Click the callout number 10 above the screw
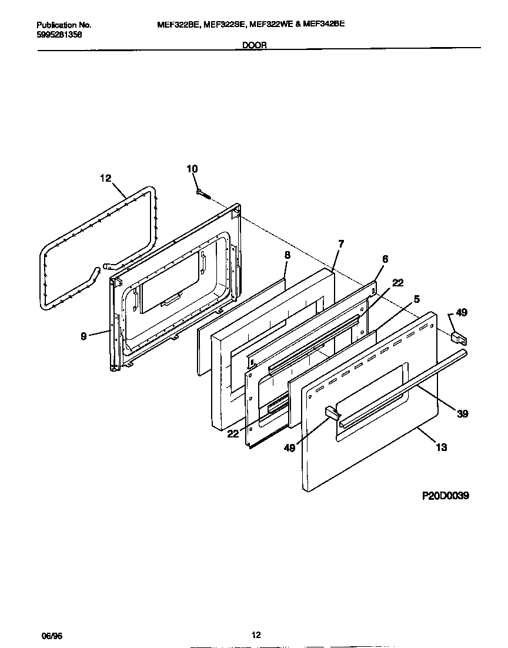pyautogui.click(x=192, y=169)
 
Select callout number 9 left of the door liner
pyautogui.click(x=84, y=336)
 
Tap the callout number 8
pyautogui.click(x=287, y=255)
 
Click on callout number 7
pyautogui.click(x=341, y=243)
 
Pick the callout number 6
pyautogui.click(x=385, y=259)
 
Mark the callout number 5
pyautogui.click(x=416, y=299)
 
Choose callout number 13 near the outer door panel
pyautogui.click(x=441, y=447)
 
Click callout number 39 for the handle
pyautogui.click(x=462, y=414)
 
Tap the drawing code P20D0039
pyautogui.click(x=445, y=496)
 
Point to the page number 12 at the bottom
pyautogui.click(x=256, y=634)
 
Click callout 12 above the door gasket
pyautogui.click(x=105, y=178)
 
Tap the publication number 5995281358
pyautogui.click(x=59, y=34)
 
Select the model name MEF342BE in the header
pyautogui.click(x=323, y=25)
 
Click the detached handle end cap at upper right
pyautogui.click(x=457, y=337)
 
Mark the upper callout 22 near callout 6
pyautogui.click(x=397, y=283)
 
